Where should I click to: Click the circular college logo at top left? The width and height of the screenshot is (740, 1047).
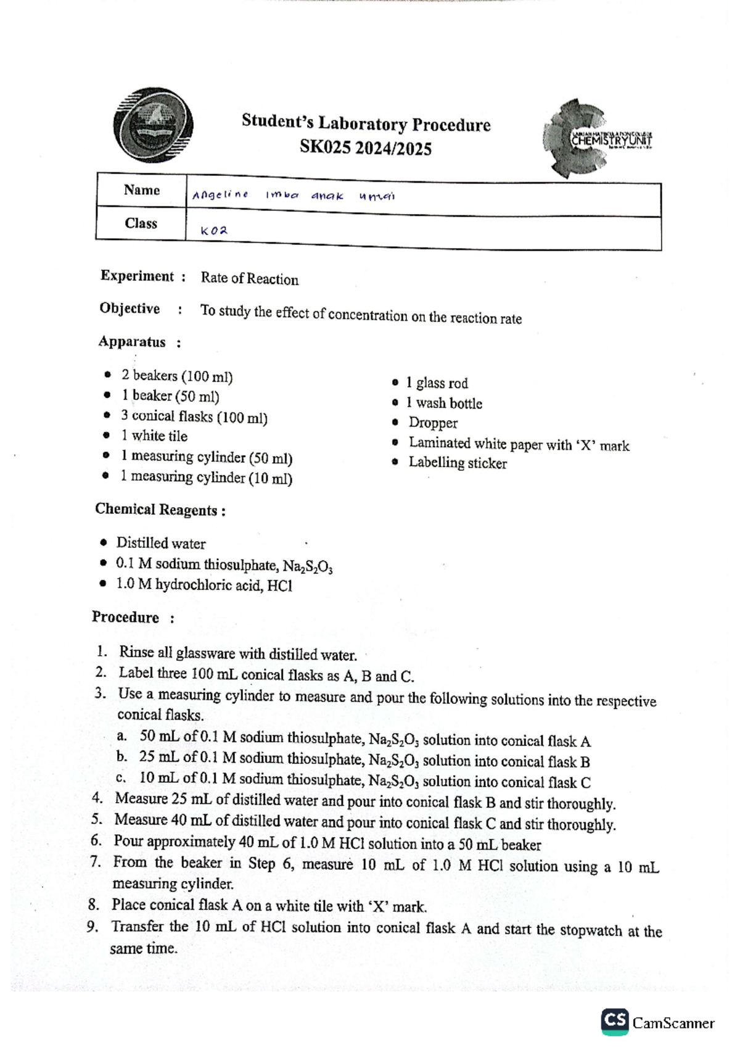click(153, 125)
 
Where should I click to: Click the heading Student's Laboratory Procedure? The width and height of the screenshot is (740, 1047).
click(366, 123)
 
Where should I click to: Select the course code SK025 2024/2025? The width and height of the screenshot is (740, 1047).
click(366, 149)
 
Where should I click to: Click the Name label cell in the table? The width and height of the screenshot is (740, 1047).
click(141, 190)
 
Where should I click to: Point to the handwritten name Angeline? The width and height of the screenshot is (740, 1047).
click(220, 196)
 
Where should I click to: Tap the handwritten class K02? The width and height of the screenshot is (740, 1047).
click(214, 231)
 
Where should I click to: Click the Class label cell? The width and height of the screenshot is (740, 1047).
click(141, 223)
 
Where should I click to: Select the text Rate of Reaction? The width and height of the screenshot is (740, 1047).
click(249, 279)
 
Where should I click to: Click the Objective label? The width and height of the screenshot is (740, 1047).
click(129, 308)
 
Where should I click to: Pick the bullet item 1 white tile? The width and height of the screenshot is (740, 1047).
click(154, 436)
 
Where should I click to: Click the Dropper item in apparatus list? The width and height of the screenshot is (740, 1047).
click(433, 423)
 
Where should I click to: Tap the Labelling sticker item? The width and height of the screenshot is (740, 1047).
click(458, 463)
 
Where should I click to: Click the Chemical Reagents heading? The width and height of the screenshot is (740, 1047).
click(160, 510)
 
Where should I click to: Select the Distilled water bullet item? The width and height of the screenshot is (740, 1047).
click(161, 544)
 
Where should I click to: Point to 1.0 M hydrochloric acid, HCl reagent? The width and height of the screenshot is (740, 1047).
click(204, 585)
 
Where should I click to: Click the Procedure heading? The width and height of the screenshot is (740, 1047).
click(126, 618)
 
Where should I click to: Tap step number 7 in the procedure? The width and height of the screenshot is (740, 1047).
click(96, 862)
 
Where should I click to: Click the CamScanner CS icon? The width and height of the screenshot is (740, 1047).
click(615, 1022)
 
